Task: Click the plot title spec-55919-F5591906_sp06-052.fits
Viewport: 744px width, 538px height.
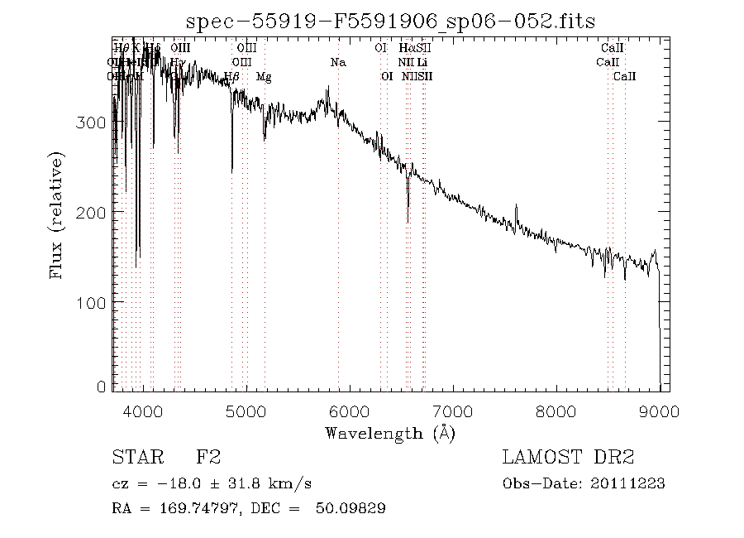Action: tap(390, 20)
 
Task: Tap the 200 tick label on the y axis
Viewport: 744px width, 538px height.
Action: tap(96, 212)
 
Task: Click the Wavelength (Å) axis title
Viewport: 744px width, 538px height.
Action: tap(390, 432)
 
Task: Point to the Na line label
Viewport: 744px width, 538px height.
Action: tap(338, 62)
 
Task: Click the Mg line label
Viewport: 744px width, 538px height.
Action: tap(264, 77)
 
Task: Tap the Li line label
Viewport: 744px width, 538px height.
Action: tap(422, 62)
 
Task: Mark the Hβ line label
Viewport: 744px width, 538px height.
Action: tap(231, 77)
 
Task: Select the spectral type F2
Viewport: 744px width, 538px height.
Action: tap(207, 457)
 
